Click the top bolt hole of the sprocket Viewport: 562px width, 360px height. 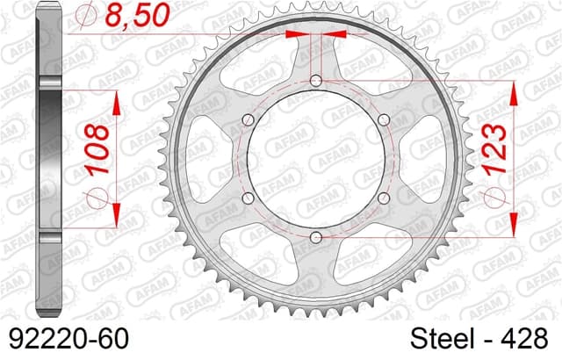[315, 82]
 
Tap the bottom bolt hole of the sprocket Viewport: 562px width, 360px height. [315, 236]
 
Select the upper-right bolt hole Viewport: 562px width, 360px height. [382, 120]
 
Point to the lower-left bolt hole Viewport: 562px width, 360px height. [248, 198]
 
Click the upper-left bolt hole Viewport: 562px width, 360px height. [248, 120]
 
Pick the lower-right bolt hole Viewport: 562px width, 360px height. [382, 198]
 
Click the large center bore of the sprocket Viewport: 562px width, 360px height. [315, 159]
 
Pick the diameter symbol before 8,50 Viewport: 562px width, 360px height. [88, 16]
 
